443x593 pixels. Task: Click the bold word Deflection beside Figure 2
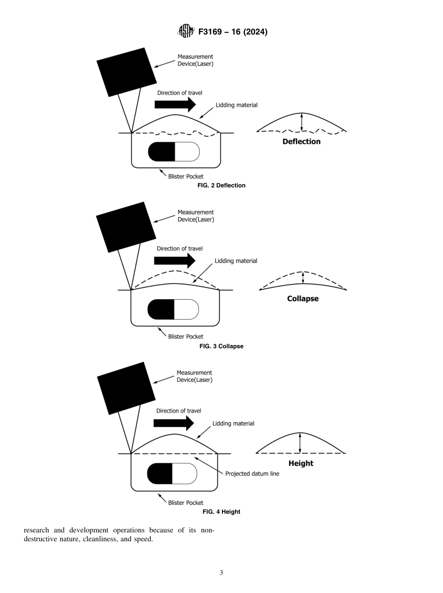[x=301, y=142]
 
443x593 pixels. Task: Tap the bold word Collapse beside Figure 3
[x=303, y=299]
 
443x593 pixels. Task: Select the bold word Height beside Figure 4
[x=301, y=463]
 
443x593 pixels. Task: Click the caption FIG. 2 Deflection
[x=221, y=186]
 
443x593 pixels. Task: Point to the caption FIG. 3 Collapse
[x=221, y=346]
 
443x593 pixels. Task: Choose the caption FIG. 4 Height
[x=221, y=512]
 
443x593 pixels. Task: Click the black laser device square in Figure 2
[x=126, y=72]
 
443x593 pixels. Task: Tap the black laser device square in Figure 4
[x=126, y=388]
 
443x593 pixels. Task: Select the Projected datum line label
[x=252, y=474]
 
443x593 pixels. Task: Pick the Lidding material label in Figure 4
[x=233, y=424]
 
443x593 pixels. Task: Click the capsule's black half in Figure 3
[x=161, y=310]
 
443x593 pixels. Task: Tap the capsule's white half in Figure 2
[x=187, y=152]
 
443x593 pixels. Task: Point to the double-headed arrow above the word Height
[x=300, y=443]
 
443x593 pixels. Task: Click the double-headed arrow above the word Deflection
[x=302, y=122]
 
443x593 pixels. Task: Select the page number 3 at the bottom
[x=221, y=573]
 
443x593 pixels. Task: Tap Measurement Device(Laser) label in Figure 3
[x=195, y=216]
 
